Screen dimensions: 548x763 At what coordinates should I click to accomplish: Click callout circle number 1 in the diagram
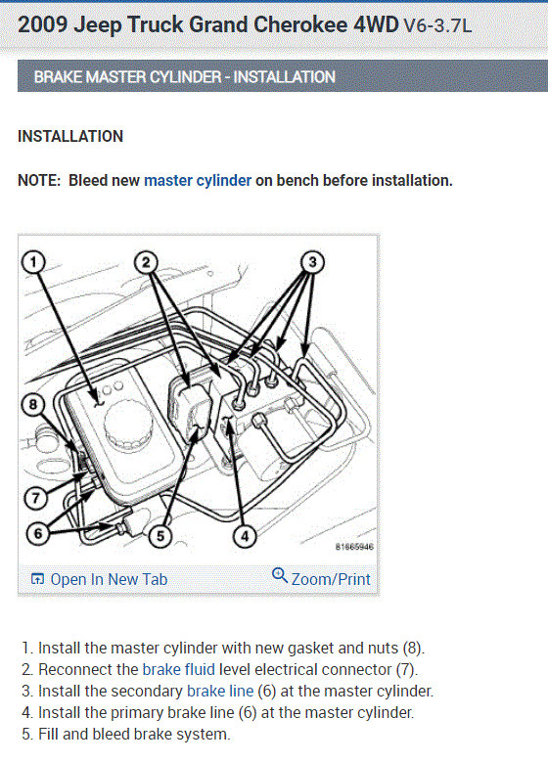click(33, 263)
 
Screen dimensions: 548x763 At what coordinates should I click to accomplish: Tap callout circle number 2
click(146, 263)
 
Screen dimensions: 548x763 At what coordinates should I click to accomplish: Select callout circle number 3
click(312, 262)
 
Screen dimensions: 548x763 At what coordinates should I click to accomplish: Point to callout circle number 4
click(245, 536)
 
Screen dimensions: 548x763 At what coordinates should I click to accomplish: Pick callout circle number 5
click(160, 536)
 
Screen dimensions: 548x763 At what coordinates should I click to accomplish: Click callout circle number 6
click(37, 534)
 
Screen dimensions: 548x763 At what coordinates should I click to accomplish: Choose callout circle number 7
click(35, 498)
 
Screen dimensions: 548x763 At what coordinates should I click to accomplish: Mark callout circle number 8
click(33, 404)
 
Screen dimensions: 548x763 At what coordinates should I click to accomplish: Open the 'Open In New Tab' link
click(99, 579)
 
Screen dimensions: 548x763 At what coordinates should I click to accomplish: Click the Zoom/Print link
click(331, 579)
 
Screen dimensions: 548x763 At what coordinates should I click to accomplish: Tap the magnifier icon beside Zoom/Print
click(279, 575)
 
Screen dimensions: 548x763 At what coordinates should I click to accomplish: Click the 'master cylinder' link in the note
click(198, 181)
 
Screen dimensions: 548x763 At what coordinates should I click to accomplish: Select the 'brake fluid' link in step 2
click(179, 669)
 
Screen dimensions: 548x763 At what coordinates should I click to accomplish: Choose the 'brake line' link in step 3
click(220, 691)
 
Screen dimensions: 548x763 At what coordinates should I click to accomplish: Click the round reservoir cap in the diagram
click(128, 425)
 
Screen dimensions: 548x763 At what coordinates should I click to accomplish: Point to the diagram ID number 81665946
click(354, 547)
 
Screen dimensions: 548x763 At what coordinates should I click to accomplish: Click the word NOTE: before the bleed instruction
click(39, 181)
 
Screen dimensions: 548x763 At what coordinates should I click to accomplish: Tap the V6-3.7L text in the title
click(438, 25)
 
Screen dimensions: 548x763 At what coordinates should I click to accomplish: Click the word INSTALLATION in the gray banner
click(284, 77)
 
